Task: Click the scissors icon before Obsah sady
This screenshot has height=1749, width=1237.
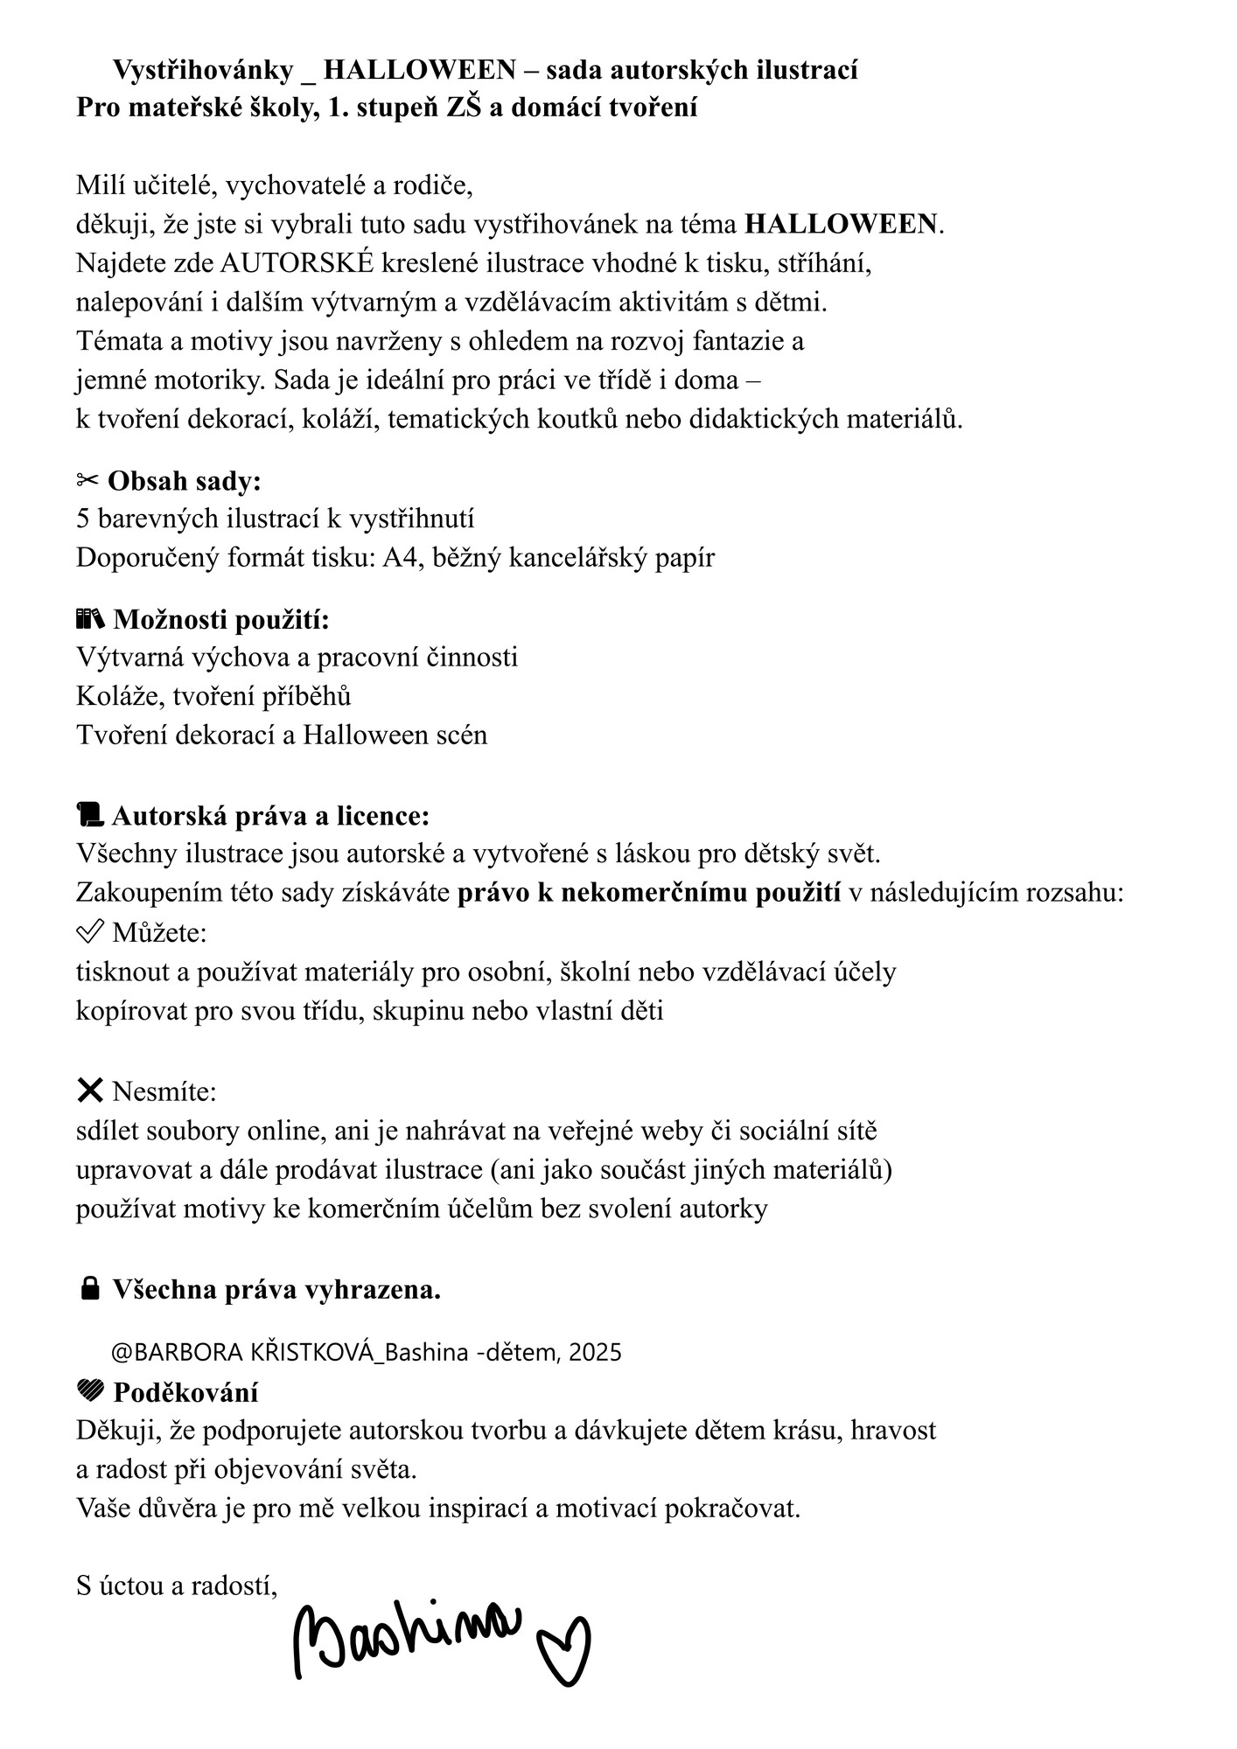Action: [x=88, y=480]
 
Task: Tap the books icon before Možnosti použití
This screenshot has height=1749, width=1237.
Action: [x=90, y=620]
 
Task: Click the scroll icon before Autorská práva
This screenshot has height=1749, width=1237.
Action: [x=90, y=815]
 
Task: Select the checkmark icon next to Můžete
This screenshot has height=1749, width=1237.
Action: [x=89, y=932]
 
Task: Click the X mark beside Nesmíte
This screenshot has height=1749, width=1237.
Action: [x=89, y=1091]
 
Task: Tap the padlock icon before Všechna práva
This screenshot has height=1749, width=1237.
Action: [x=89, y=1289]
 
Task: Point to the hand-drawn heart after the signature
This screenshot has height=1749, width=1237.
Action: [x=565, y=1649]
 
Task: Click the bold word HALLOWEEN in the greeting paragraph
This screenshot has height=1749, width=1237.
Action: [x=841, y=225]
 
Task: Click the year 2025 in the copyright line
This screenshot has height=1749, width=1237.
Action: [x=595, y=1352]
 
